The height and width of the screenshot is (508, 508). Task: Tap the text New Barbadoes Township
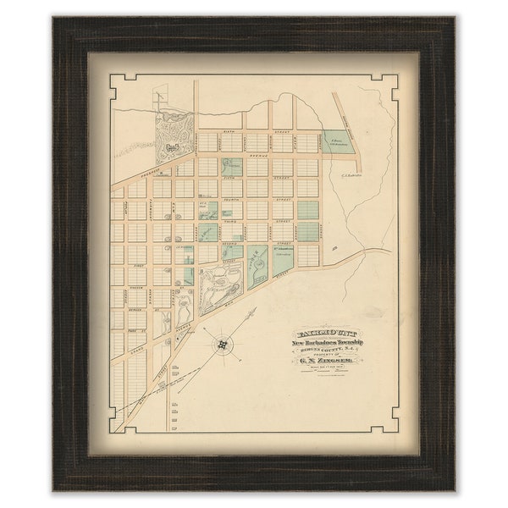click(x=326, y=343)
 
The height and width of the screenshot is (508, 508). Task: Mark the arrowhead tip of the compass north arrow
click(x=253, y=312)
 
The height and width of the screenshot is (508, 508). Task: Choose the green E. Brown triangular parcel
click(x=337, y=141)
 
